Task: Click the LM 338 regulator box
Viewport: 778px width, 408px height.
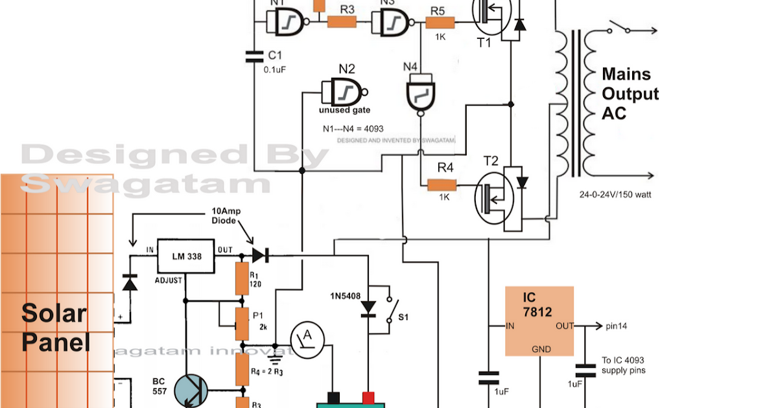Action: (187, 256)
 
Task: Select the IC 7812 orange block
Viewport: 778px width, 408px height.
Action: (539, 321)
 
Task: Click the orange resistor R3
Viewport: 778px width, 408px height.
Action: (342, 21)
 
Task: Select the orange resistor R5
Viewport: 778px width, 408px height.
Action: (440, 23)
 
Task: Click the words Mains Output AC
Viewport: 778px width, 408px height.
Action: (630, 93)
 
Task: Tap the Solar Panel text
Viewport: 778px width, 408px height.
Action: (54, 327)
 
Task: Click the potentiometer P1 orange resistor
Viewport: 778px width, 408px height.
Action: (242, 324)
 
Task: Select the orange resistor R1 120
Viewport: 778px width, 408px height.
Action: (242, 278)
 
